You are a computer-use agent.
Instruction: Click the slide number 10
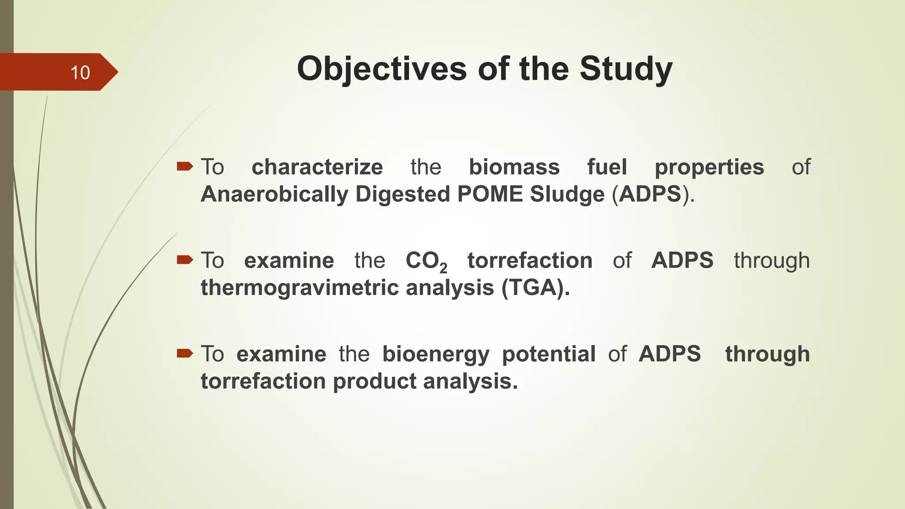80,72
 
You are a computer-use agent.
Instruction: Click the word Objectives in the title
381,69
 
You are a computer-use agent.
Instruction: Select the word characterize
317,167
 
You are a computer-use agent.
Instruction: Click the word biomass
514,167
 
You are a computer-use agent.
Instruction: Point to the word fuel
607,167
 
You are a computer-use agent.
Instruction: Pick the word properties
709,167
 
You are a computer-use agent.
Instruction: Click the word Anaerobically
274,194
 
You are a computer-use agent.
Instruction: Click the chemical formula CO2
426,261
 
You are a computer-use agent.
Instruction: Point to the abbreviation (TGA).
535,288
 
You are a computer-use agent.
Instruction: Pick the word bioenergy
436,354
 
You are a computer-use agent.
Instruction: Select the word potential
548,354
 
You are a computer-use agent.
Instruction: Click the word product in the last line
374,381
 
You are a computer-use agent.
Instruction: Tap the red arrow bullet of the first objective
185,166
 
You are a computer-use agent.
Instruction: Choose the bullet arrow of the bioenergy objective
185,353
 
